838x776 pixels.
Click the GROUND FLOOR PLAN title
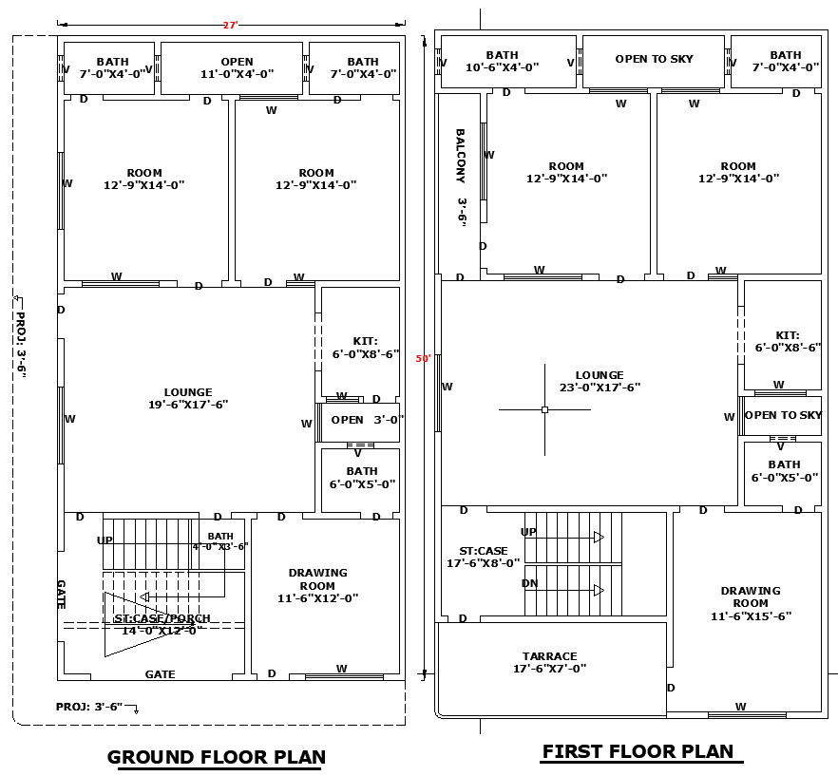(217, 757)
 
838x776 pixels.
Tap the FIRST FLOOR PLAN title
(638, 751)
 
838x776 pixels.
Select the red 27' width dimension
(230, 25)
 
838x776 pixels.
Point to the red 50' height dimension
(423, 359)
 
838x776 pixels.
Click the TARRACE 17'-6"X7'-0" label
(549, 662)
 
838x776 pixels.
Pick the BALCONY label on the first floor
(461, 178)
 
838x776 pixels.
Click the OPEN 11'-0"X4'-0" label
(237, 67)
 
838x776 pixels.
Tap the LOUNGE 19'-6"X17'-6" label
(188, 398)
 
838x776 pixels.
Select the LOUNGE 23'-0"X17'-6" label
(600, 381)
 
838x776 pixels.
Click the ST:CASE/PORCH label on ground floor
(162, 624)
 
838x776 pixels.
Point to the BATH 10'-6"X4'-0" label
(503, 62)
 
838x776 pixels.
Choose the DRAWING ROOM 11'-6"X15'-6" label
(751, 603)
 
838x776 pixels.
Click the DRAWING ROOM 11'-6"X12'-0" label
(318, 585)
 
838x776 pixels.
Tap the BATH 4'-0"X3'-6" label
(220, 541)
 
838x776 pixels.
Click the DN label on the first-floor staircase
(530, 583)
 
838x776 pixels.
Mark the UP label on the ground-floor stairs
(105, 539)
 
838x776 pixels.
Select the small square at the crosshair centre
(544, 409)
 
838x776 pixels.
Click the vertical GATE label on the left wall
(61, 595)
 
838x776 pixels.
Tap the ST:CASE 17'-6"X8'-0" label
(484, 557)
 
